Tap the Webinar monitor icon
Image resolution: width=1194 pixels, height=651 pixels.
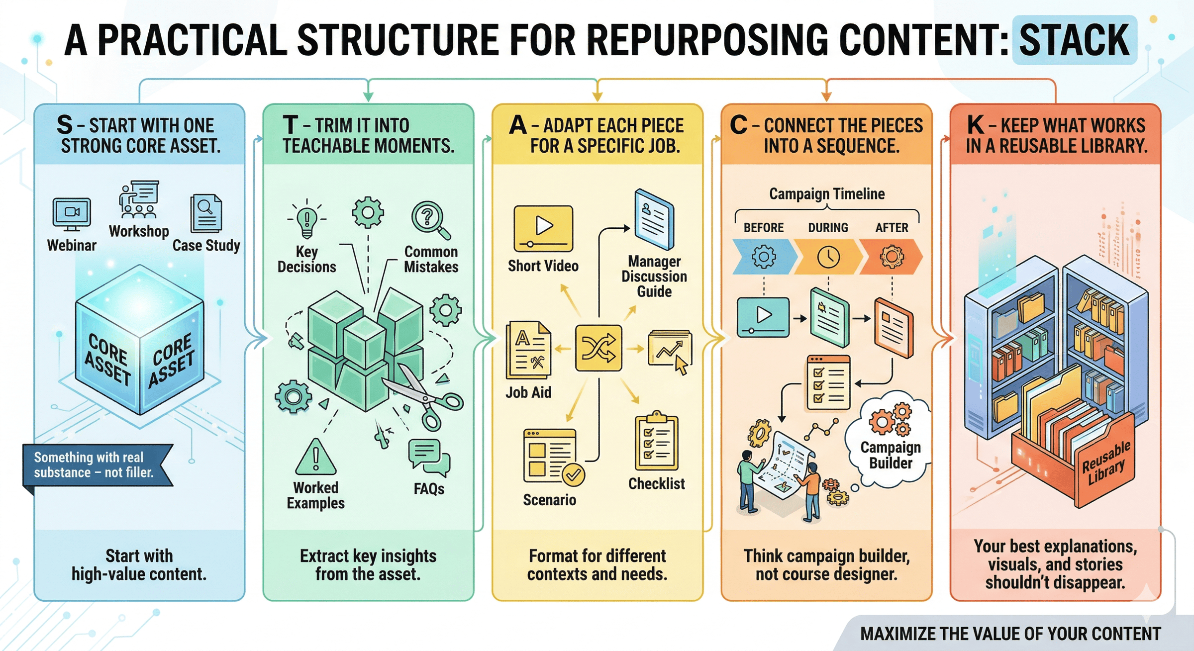[72, 214]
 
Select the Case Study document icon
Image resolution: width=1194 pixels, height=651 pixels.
[206, 213]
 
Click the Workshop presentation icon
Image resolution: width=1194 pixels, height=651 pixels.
[139, 199]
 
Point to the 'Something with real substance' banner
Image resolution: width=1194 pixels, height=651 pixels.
[95, 465]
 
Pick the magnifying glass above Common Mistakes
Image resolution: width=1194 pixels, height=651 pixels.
[429, 219]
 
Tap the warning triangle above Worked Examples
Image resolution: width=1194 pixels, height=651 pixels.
[316, 458]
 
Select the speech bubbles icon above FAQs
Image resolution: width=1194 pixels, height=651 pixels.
[428, 457]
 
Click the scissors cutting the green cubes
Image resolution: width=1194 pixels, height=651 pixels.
[428, 398]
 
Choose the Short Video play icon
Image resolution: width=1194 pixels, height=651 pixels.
[543, 228]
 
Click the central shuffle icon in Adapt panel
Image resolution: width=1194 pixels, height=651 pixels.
[598, 348]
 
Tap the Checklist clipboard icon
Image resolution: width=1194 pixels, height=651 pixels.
[656, 441]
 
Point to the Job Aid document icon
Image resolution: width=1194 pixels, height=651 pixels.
[528, 350]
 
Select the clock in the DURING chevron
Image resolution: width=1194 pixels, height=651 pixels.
[828, 257]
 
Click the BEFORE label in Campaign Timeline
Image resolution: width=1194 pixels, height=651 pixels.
[764, 228]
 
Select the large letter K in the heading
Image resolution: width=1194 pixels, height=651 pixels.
[976, 125]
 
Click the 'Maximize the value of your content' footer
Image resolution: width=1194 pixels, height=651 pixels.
[1010, 634]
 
